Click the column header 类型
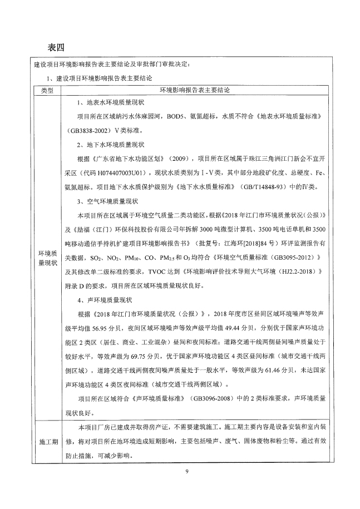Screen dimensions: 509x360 [47, 90]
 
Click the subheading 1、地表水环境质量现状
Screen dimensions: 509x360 [110, 103]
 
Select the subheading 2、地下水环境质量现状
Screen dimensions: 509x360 [110, 145]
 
